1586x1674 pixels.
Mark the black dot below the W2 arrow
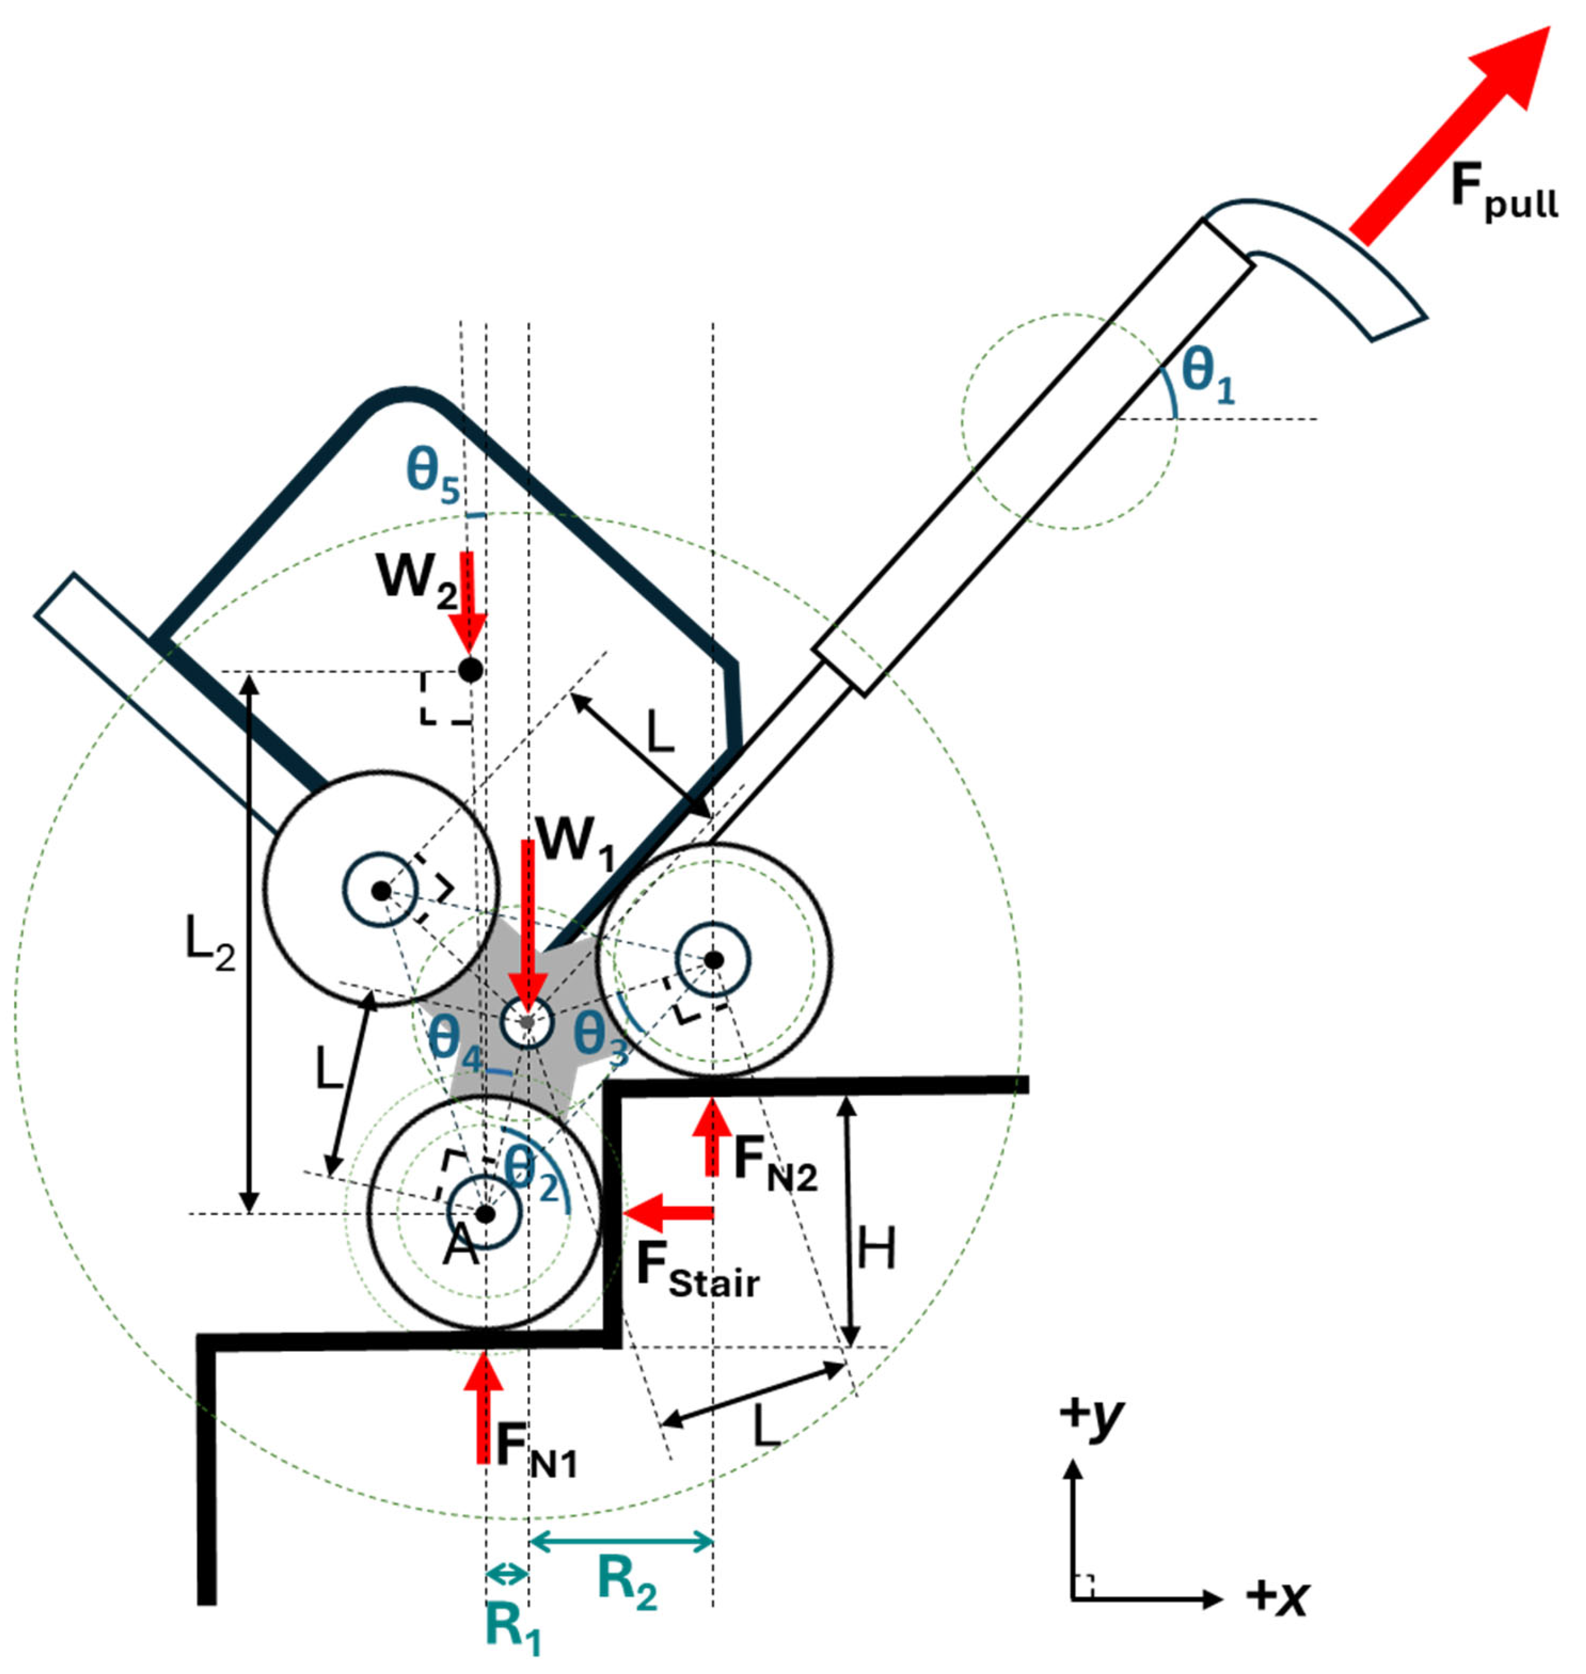coord(470,670)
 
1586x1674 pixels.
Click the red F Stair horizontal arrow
coord(668,1213)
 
